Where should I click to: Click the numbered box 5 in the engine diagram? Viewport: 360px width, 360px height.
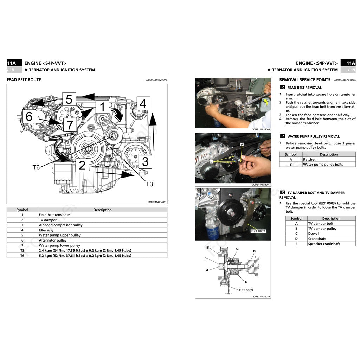pyautogui.click(x=69, y=99)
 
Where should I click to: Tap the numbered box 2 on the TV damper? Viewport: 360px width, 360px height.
pyautogui.click(x=82, y=165)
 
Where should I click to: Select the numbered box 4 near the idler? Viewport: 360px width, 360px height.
pyautogui.click(x=143, y=104)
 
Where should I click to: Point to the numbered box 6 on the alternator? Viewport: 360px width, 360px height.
pyautogui.click(x=29, y=116)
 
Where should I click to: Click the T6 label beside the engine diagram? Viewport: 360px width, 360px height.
pyautogui.click(x=36, y=168)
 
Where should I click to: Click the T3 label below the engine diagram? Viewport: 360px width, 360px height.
pyautogui.click(x=149, y=184)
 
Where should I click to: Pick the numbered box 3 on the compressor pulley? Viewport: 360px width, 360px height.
pyautogui.click(x=145, y=162)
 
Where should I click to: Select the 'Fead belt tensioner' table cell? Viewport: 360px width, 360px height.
pyautogui.click(x=54, y=215)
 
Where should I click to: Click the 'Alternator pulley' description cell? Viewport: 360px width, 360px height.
pyautogui.click(x=53, y=240)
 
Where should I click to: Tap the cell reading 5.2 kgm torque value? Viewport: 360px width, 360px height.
pyautogui.click(x=85, y=256)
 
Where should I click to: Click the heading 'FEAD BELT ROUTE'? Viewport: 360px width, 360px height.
pyautogui.click(x=24, y=80)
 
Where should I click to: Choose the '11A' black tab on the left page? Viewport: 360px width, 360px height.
pyautogui.click(x=12, y=63)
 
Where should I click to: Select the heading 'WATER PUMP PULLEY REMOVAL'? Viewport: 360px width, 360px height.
pyautogui.click(x=313, y=136)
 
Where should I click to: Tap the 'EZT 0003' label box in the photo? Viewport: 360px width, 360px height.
pyautogui.click(x=258, y=231)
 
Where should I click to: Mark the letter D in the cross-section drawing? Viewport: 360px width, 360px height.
pyautogui.click(x=254, y=251)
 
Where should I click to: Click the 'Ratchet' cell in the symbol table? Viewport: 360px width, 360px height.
pyautogui.click(x=309, y=159)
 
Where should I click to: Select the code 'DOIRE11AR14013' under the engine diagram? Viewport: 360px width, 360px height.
pyautogui.click(x=157, y=202)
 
